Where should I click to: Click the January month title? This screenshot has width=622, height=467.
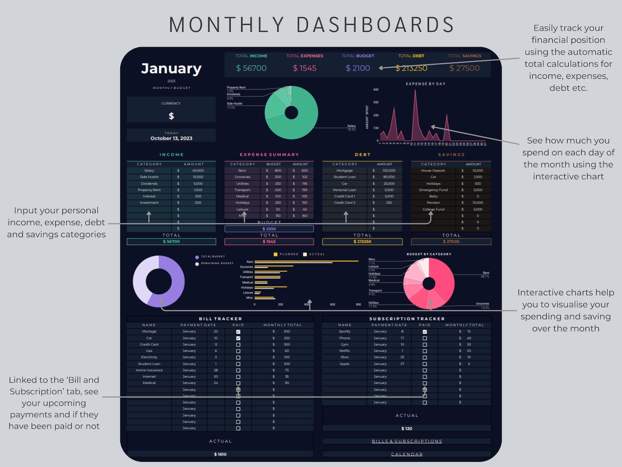tap(171, 69)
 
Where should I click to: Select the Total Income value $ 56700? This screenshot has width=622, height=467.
tap(251, 68)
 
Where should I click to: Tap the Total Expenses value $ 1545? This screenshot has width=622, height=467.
tap(305, 68)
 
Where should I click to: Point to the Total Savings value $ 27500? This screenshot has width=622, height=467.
tap(465, 68)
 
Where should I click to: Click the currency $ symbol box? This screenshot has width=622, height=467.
tap(171, 116)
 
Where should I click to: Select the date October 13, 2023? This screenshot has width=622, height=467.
tap(171, 138)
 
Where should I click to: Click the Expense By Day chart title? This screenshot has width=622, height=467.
tap(425, 84)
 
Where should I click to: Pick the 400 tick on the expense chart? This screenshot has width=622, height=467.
tap(376, 90)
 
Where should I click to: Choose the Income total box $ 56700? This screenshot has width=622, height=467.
tap(171, 242)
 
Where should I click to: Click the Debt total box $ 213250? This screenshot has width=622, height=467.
tap(362, 242)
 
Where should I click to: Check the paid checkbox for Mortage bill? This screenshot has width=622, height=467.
tap(238, 332)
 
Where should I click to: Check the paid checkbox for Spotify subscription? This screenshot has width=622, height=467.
tap(425, 332)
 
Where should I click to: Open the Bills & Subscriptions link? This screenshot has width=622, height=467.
tap(407, 441)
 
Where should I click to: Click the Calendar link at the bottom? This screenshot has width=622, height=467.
tap(407, 454)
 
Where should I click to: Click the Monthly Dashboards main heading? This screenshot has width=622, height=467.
tap(311, 25)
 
